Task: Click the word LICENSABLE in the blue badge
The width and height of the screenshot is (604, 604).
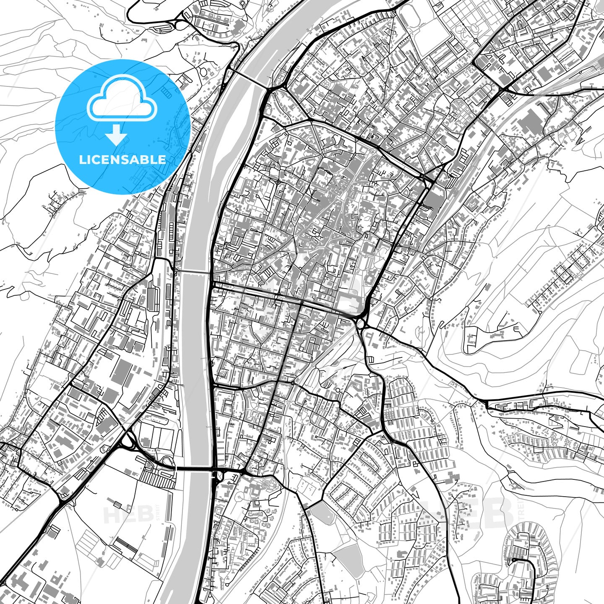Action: (122, 159)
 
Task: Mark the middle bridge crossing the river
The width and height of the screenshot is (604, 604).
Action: (195, 272)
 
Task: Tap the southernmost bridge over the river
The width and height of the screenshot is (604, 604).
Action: (195, 469)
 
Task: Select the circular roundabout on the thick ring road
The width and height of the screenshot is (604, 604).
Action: (360, 322)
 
